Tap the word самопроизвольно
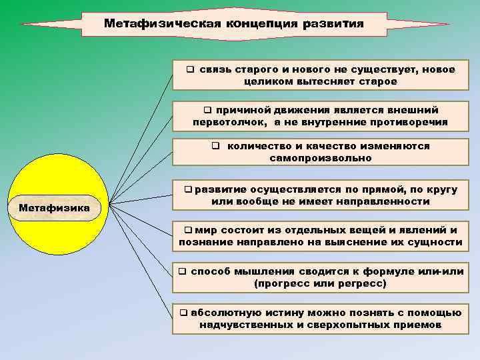click(x=321, y=159)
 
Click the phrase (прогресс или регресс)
click(x=321, y=283)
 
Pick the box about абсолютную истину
click(x=320, y=319)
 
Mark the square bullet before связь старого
click(x=191, y=69)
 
